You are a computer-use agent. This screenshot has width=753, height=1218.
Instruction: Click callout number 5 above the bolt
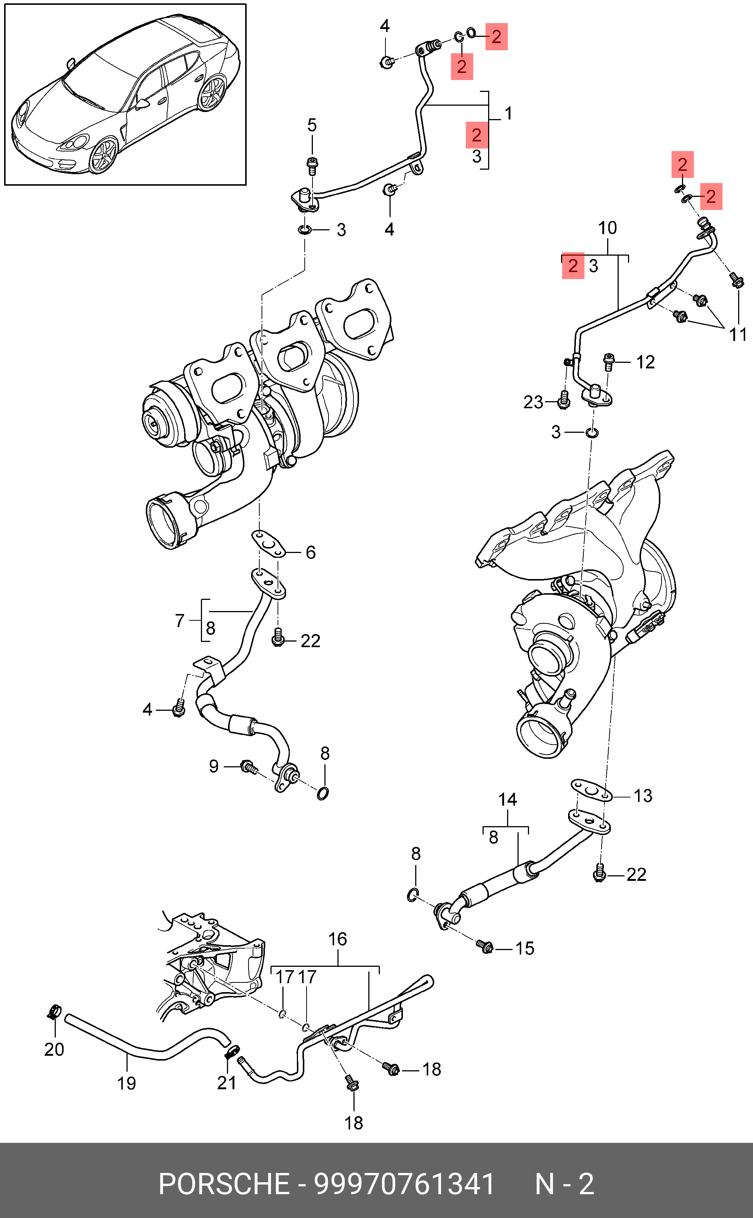[312, 125]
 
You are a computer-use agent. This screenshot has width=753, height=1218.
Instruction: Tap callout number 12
[645, 362]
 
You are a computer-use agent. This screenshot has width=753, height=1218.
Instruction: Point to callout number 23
[533, 402]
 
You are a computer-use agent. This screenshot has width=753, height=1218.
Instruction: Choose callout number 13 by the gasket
[643, 796]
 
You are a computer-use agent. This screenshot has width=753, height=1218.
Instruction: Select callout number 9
[214, 766]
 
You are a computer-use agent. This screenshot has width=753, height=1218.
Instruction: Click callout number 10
[608, 228]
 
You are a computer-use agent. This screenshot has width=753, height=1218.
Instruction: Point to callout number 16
[338, 940]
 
